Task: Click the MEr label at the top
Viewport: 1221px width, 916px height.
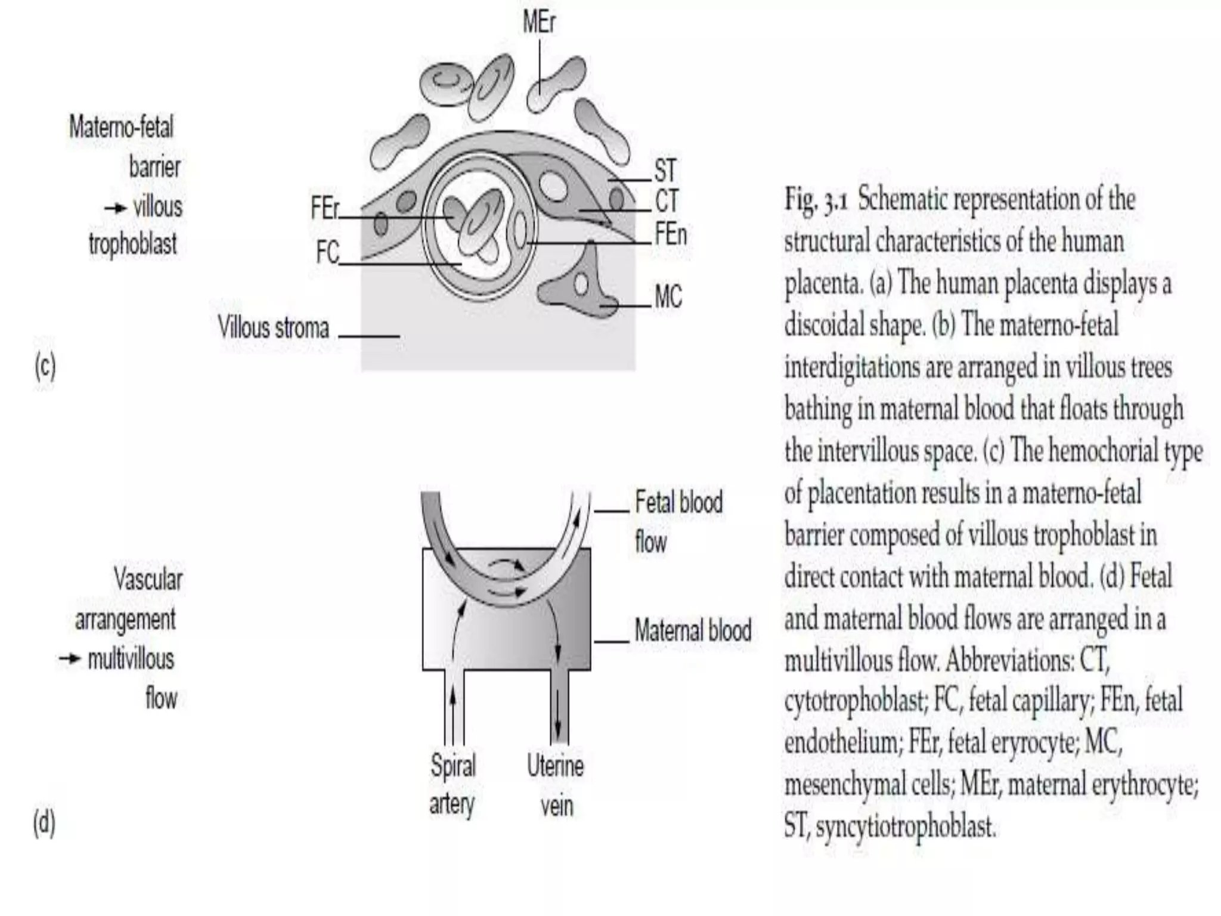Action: click(x=539, y=23)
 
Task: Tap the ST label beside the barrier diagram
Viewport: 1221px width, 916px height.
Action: click(x=665, y=171)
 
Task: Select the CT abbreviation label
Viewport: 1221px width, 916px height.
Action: click(x=667, y=202)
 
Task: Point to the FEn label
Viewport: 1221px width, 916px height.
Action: click(x=671, y=234)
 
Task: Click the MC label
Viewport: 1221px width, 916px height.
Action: click(x=668, y=296)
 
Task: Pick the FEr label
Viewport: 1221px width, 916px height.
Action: click(x=325, y=209)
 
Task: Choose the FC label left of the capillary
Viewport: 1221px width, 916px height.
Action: click(x=327, y=252)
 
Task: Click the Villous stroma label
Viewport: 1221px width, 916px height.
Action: click(x=273, y=328)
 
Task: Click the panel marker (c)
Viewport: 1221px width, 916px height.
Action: click(x=45, y=367)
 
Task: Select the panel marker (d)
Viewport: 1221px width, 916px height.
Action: click(x=44, y=824)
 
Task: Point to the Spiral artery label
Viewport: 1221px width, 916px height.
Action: click(x=453, y=785)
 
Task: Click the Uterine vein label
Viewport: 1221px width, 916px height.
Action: click(x=556, y=785)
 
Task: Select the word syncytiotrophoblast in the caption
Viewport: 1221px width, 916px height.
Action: click(x=905, y=827)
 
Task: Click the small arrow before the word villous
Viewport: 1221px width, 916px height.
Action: click(x=116, y=208)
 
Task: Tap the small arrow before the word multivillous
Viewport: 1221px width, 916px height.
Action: click(x=69, y=659)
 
